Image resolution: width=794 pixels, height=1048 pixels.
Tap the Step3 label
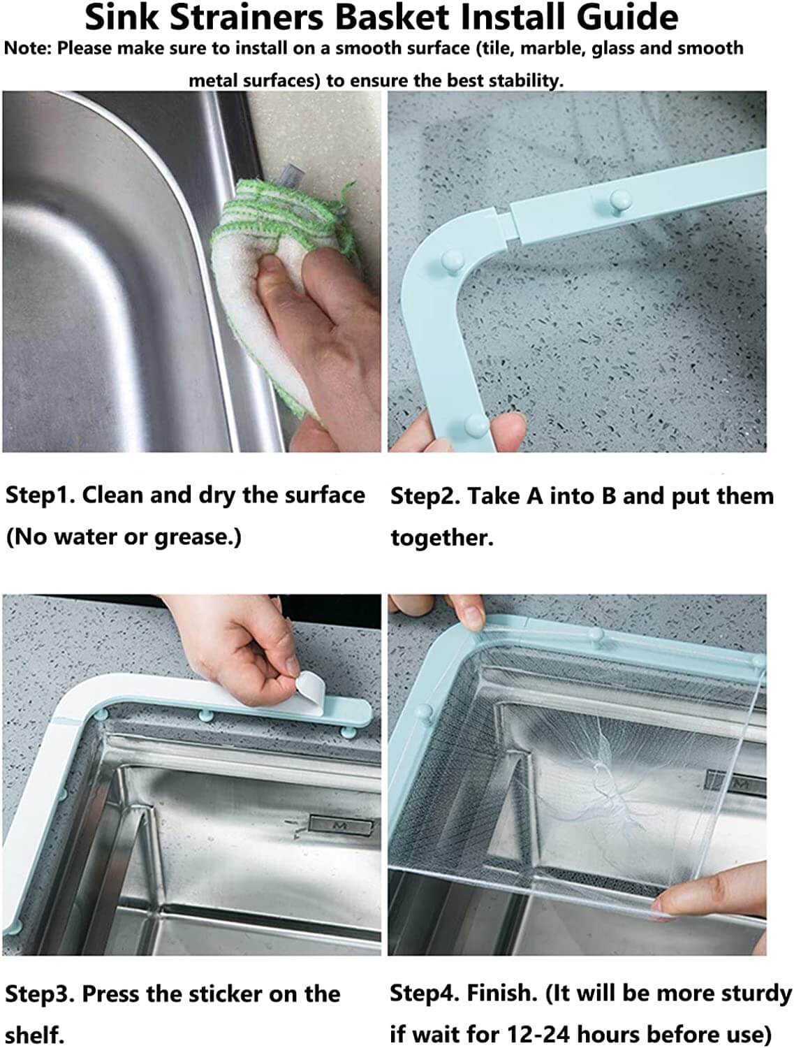pos(40,994)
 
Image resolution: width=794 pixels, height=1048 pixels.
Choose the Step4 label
pos(424,993)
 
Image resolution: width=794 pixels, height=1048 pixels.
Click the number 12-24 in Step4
pos(538,1034)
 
